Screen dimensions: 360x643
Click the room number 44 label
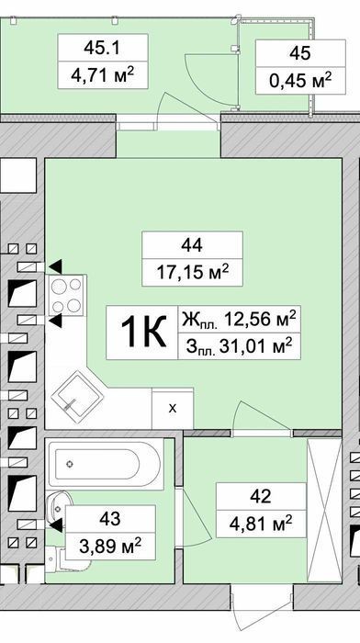coord(192,245)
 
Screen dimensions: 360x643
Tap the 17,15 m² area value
coord(192,272)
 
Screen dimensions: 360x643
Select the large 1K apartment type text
coord(143,332)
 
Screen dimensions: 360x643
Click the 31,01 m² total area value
coord(256,347)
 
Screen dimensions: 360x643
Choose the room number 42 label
coord(261,496)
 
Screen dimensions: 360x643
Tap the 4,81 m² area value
coord(261,523)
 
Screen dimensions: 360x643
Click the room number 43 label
coord(110,519)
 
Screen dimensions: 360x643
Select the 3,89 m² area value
coord(110,546)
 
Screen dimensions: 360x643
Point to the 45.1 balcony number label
coord(102,48)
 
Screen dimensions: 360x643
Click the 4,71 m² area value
coord(103,74)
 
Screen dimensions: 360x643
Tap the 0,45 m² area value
coord(300,80)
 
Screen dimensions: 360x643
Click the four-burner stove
coord(66,295)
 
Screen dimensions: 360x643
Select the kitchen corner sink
coord(77,397)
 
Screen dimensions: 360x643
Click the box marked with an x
coord(173,409)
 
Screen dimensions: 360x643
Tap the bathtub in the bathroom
coord(105,464)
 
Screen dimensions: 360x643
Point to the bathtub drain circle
coord(71,464)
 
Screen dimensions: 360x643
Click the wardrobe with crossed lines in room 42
coord(324,511)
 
